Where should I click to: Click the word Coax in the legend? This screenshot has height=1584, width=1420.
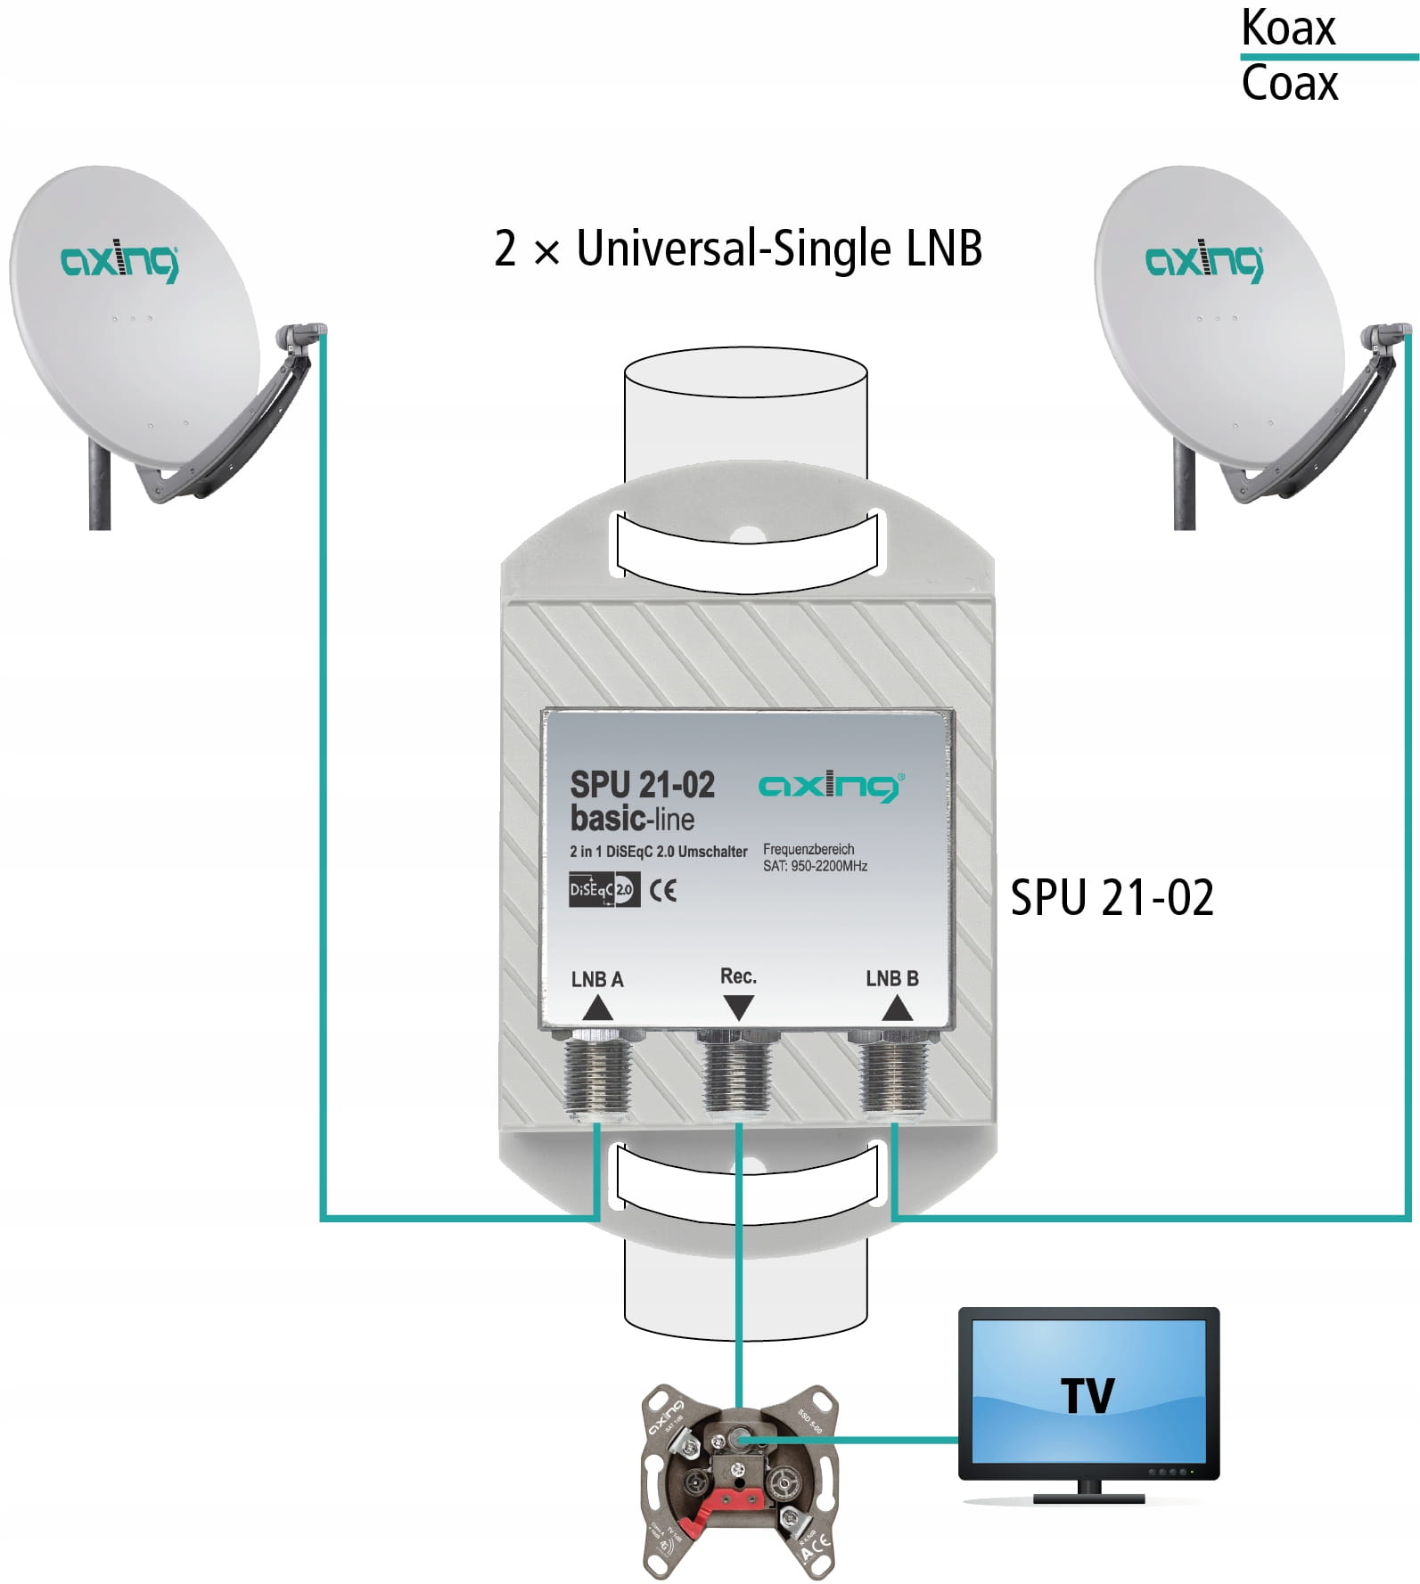point(1289,85)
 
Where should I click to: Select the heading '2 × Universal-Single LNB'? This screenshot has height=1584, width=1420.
point(738,249)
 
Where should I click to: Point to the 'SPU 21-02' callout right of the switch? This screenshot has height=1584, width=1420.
point(1112,898)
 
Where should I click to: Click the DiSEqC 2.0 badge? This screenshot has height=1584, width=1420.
point(603,890)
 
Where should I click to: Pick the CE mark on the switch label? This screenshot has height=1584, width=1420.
point(662,891)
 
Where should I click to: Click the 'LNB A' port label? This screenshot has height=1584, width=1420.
point(597,980)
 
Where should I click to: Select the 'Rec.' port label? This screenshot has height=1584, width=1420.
point(738,976)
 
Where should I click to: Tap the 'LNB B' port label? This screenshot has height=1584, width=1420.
point(892,979)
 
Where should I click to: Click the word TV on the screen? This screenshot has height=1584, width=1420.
point(1088,1396)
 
